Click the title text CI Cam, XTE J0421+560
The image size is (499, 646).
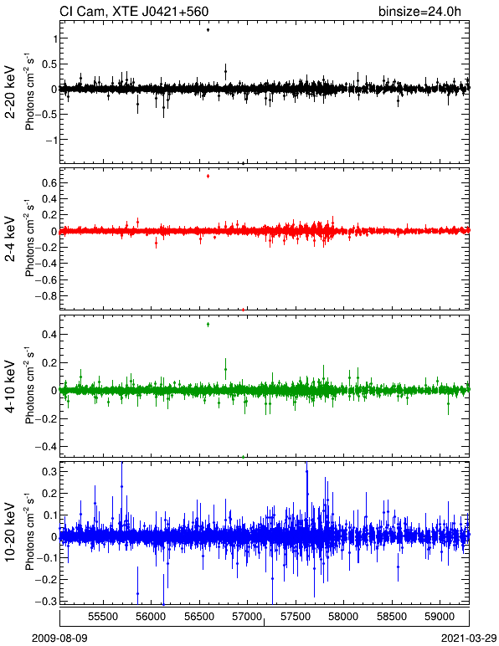tap(134, 11)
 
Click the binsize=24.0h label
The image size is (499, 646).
tap(419, 11)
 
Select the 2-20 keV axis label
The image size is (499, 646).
tap(10, 92)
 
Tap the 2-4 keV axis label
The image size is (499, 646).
tap(10, 239)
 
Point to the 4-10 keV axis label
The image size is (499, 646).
tap(10, 387)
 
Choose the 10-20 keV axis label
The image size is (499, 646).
tap(10, 532)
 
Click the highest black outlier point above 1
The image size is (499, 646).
tap(208, 29)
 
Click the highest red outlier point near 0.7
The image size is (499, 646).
tap(208, 176)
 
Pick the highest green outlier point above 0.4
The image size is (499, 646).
tap(208, 324)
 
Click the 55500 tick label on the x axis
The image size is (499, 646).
tap(103, 617)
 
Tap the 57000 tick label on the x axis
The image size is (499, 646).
tap(247, 617)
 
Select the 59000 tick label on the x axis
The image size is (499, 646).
tap(440, 617)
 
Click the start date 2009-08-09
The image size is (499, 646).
tap(59, 638)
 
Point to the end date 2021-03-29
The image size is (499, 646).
tap(469, 638)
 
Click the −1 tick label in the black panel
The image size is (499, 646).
tap(50, 140)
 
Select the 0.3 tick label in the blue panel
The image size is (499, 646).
tap(49, 471)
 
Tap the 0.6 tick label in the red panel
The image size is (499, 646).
tap(49, 182)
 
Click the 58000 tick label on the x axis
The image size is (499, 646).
tap(343, 617)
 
